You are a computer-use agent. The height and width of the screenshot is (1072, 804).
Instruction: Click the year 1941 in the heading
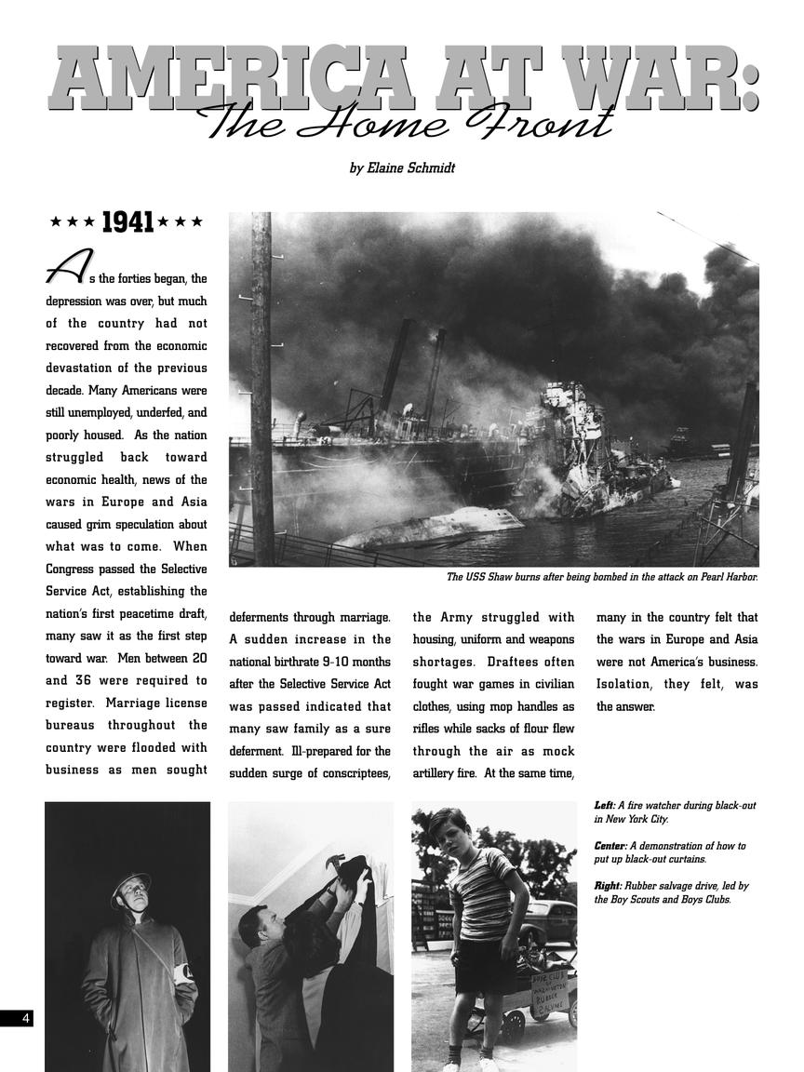tap(127, 222)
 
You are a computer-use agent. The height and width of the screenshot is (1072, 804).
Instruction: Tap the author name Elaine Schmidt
tap(402, 168)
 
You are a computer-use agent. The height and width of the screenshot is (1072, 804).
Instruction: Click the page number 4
tap(25, 1018)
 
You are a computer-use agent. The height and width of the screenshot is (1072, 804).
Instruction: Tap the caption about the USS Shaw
tap(601, 577)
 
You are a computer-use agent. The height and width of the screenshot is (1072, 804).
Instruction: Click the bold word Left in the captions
tap(604, 805)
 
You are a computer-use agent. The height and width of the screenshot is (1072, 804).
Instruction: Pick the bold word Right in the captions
tap(608, 887)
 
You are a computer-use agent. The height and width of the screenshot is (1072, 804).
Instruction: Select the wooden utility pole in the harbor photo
tap(261, 391)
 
